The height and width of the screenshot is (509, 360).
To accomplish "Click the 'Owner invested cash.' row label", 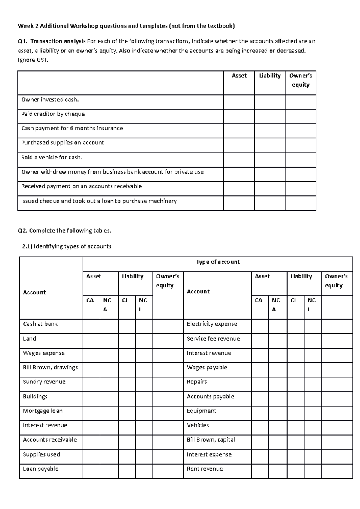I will coord(50,100).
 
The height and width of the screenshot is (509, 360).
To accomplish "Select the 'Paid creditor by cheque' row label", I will coord(53,114).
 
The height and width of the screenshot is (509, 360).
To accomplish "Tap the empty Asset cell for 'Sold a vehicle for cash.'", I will coord(239,160).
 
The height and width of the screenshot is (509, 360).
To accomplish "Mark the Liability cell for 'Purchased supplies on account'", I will coord(270,145).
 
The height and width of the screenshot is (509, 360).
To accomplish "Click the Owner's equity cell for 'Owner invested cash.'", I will coord(301,102).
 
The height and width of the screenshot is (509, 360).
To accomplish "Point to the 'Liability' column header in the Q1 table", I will coord(270,76).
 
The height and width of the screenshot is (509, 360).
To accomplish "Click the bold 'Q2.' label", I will coord(23,231).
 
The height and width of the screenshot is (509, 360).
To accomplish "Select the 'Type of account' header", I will coord(218,262).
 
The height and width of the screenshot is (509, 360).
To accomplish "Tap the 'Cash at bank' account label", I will coord(40,324).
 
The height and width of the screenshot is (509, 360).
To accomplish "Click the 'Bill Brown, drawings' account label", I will coord(50,368).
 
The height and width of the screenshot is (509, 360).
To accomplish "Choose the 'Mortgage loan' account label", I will coord(43,411).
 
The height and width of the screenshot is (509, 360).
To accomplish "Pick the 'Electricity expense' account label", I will coord(212,324).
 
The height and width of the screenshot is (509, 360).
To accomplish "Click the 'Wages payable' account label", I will coord(207,368).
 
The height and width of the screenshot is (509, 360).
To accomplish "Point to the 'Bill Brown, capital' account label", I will coord(211,440).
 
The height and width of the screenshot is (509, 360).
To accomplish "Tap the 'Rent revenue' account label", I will coord(205,469).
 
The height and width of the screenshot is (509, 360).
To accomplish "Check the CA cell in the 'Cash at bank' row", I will coord(91,326).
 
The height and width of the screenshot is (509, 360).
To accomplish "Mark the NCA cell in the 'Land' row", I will coord(109,341).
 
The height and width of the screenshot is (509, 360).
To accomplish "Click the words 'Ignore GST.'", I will coord(33,60).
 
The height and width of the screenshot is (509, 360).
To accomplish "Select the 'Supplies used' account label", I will coord(42,454).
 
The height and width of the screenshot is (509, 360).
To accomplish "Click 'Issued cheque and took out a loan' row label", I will coord(99,201).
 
